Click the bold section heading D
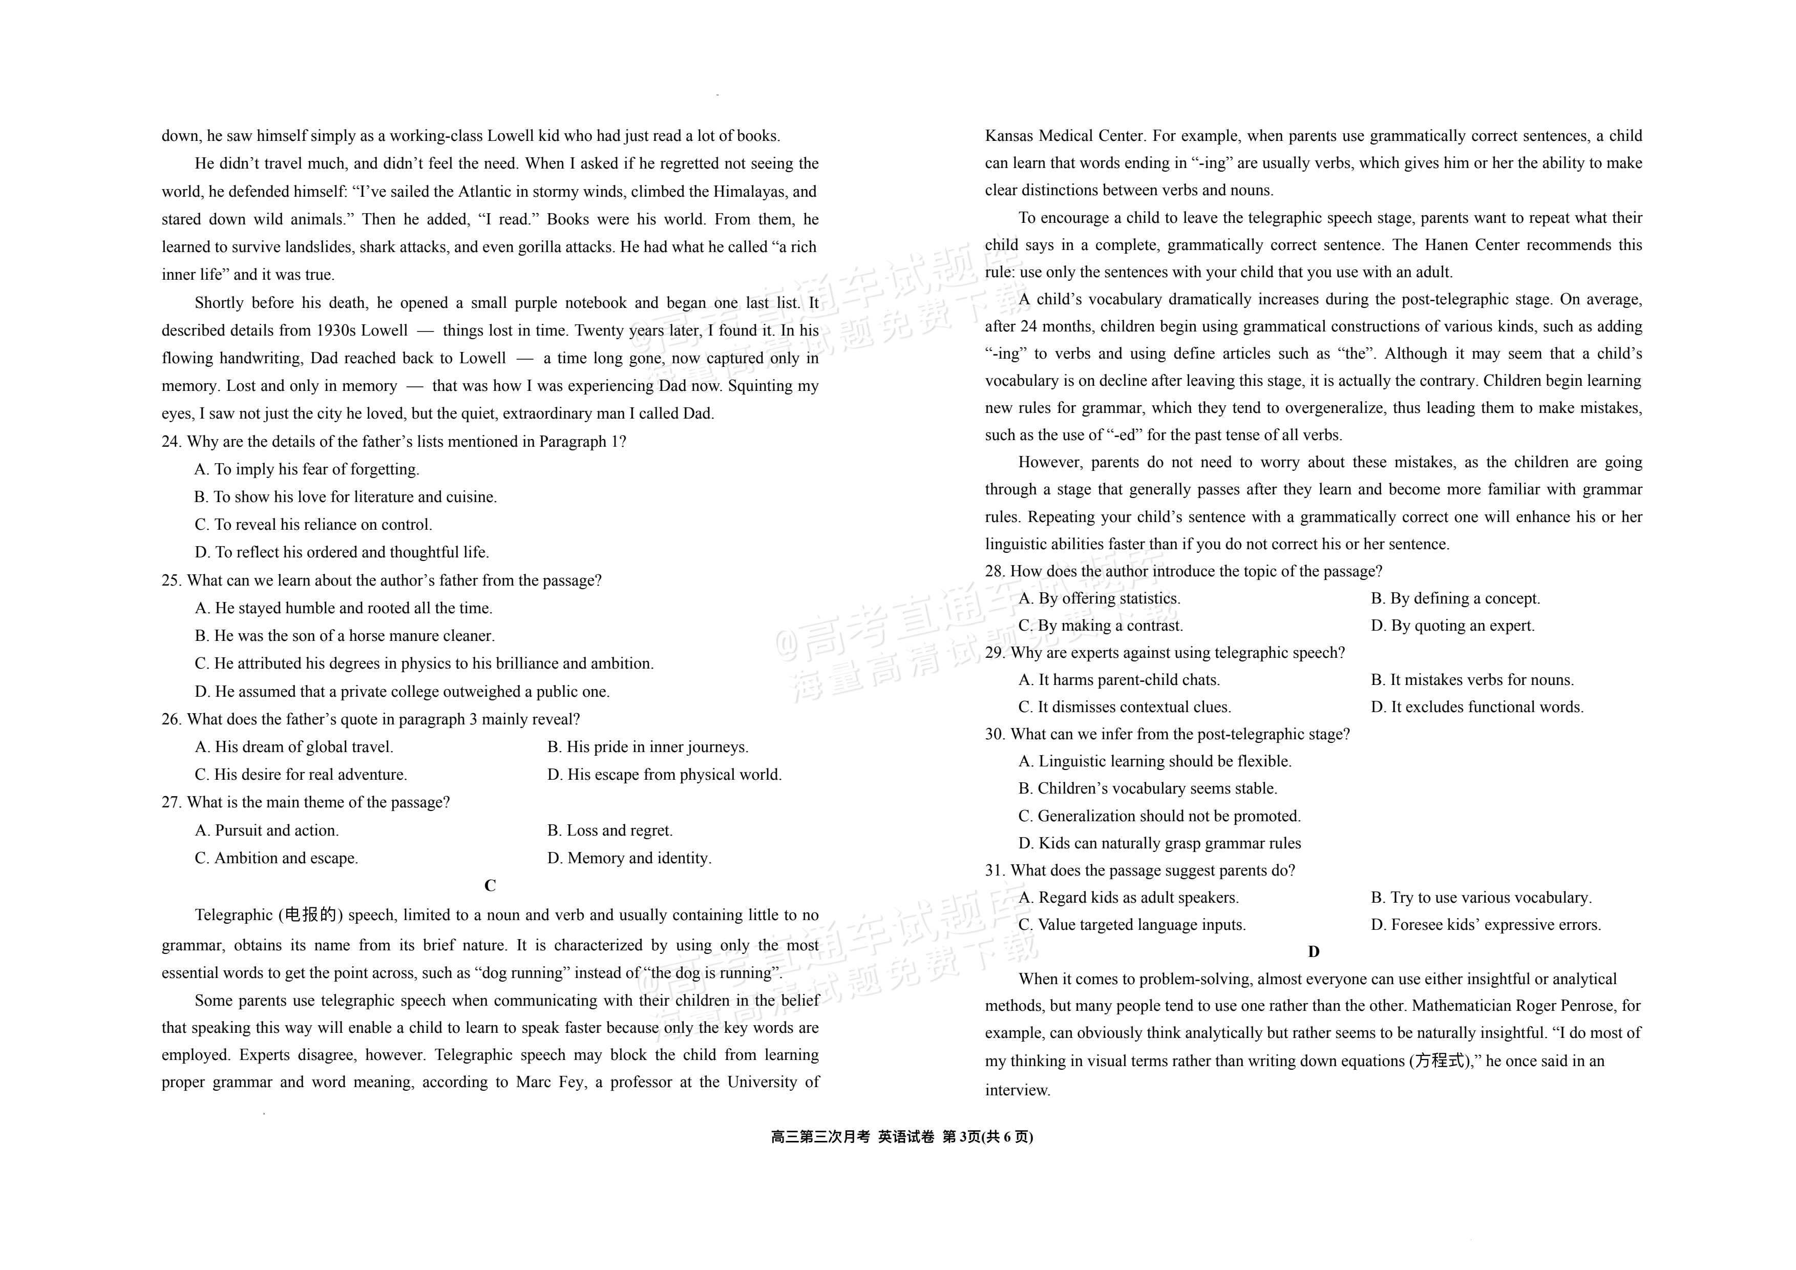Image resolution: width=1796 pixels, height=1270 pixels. coord(1314,951)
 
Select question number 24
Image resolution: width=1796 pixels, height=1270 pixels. coord(172,441)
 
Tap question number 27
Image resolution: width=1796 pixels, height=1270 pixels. coord(172,802)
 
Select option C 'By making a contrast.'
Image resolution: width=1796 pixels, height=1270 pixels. coord(1100,625)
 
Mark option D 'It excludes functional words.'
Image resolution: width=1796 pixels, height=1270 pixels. coord(1477,706)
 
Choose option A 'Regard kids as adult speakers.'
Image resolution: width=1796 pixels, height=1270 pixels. coord(1128,898)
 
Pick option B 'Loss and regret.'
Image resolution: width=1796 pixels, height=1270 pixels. coord(609,830)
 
